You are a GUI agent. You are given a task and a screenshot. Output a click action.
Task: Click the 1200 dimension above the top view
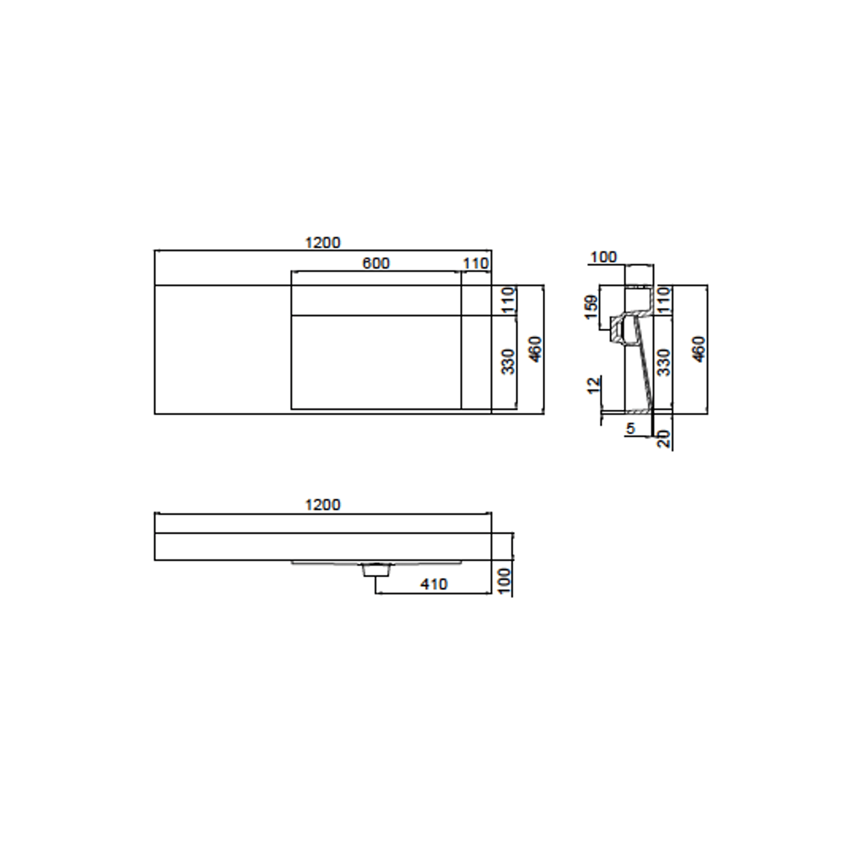[x=323, y=243]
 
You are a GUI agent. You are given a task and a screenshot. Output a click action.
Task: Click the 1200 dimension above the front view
[x=323, y=505]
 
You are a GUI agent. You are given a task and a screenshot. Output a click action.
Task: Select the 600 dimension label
[x=376, y=263]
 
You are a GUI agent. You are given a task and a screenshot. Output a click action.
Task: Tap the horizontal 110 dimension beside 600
[x=475, y=264]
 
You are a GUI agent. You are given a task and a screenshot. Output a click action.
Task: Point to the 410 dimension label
[x=433, y=584]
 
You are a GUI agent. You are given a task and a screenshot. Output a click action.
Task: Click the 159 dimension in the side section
[x=591, y=307]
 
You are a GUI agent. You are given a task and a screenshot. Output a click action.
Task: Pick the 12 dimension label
[x=594, y=385]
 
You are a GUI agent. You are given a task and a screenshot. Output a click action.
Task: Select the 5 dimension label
[x=630, y=428]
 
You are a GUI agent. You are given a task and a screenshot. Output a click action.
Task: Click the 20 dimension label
[x=664, y=439]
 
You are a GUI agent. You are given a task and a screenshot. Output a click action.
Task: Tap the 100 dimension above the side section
[x=603, y=257]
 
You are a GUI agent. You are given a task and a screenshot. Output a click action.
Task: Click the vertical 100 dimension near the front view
[x=504, y=580]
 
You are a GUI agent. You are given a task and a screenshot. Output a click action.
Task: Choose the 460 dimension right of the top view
[x=536, y=349]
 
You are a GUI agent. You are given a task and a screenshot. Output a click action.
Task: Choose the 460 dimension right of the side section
[x=699, y=349]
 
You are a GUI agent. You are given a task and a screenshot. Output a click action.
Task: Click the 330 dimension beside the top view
[x=509, y=362]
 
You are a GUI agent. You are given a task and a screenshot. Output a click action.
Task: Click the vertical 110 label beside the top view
[x=509, y=300]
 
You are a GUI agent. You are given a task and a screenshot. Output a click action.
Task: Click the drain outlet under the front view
[x=375, y=571]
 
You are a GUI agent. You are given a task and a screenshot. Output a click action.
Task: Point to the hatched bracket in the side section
[x=617, y=331]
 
